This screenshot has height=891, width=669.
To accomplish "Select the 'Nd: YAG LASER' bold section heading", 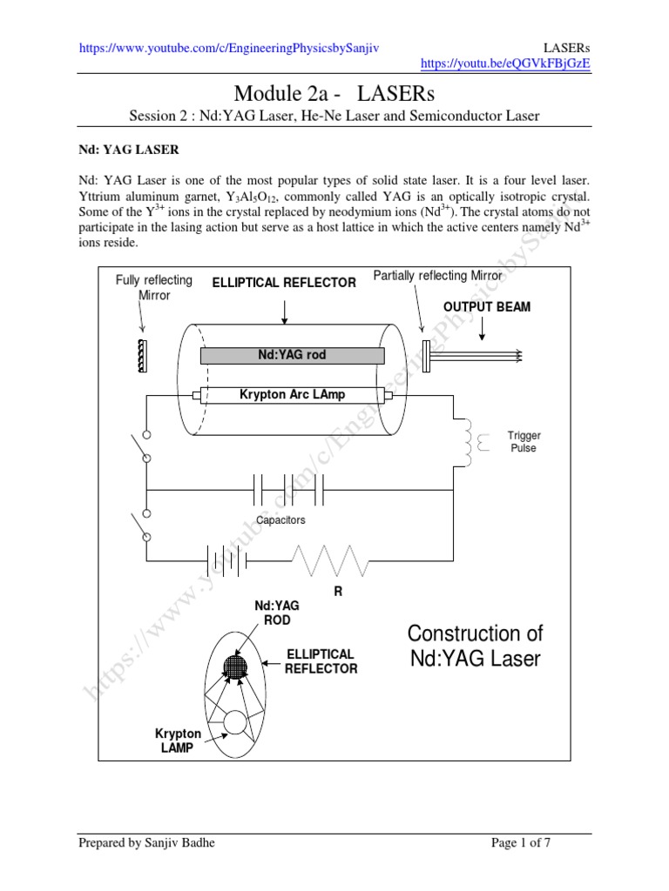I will click(129, 150).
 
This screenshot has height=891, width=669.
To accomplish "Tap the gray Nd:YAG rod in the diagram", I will click(293, 355).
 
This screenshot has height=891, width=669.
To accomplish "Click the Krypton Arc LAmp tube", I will click(293, 395).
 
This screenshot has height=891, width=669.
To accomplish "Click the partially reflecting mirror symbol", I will click(426, 355).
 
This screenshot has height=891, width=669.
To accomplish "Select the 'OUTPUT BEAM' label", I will click(486, 307).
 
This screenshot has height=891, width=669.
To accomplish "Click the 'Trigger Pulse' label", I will click(524, 441).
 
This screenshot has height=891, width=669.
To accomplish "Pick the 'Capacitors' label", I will click(280, 520).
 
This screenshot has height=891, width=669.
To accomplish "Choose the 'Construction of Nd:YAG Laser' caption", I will click(475, 645).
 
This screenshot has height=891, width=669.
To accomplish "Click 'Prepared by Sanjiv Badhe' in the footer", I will click(148, 843).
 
